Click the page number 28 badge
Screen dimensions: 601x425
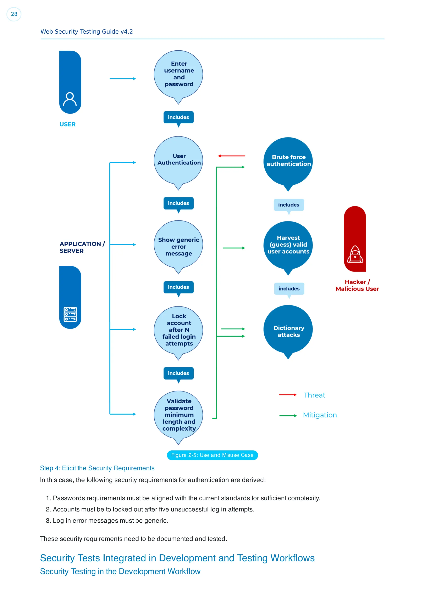[x=14, y=14]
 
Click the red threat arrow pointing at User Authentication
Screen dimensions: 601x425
[x=231, y=156]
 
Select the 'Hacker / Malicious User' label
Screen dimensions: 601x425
[x=357, y=285]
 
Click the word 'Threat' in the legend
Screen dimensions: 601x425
[x=314, y=395]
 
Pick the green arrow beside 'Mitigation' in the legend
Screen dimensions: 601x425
[x=288, y=415]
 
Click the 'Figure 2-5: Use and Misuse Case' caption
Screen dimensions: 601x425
[x=212, y=455]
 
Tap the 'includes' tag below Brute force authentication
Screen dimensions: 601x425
[x=289, y=205]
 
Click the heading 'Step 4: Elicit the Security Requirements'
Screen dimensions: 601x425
[x=97, y=468]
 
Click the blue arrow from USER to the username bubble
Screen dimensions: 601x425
[x=123, y=79]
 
